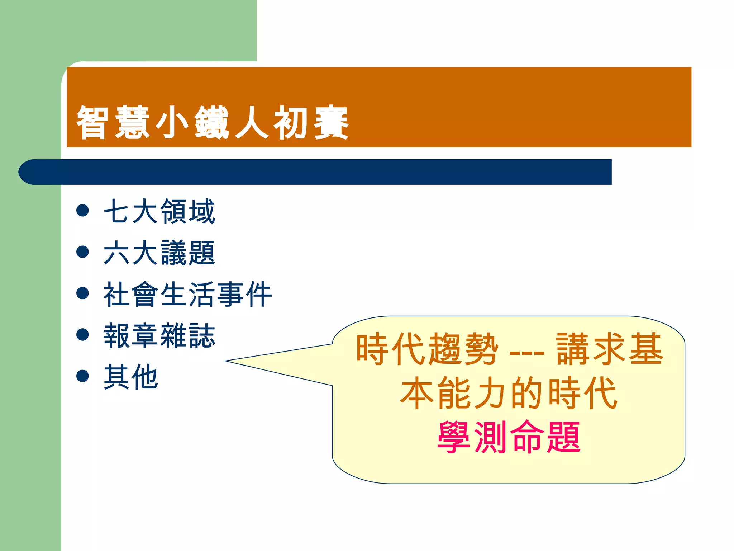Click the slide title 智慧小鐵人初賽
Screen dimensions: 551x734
[212, 122]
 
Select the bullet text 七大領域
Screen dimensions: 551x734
[159, 212]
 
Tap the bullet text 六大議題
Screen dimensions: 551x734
[159, 253]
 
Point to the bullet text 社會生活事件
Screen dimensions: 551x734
[187, 294]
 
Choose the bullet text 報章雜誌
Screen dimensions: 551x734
[159, 336]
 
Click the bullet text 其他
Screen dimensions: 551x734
[131, 377]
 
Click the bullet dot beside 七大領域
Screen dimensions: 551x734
[83, 211]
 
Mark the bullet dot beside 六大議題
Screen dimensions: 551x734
[83, 252]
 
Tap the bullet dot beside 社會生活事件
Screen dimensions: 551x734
[83, 293]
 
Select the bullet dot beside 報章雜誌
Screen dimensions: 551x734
[83, 335]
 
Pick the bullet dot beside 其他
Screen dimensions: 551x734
[83, 376]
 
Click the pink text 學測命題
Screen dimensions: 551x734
[509, 437]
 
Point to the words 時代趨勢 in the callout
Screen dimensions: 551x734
[427, 349]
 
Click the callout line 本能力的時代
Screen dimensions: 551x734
[509, 393]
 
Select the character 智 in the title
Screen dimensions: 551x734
[92, 122]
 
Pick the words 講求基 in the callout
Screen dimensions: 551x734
[609, 349]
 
